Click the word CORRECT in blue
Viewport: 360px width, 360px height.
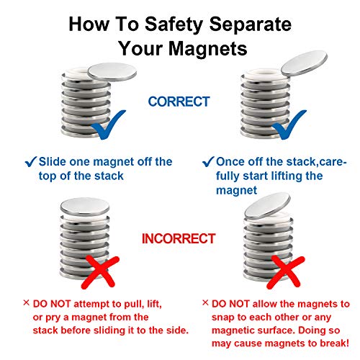[x=179, y=102]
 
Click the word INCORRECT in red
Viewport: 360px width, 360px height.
[x=180, y=238]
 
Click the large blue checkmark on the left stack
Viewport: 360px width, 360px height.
[x=107, y=127]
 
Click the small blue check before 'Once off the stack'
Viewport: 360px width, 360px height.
[x=209, y=161]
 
